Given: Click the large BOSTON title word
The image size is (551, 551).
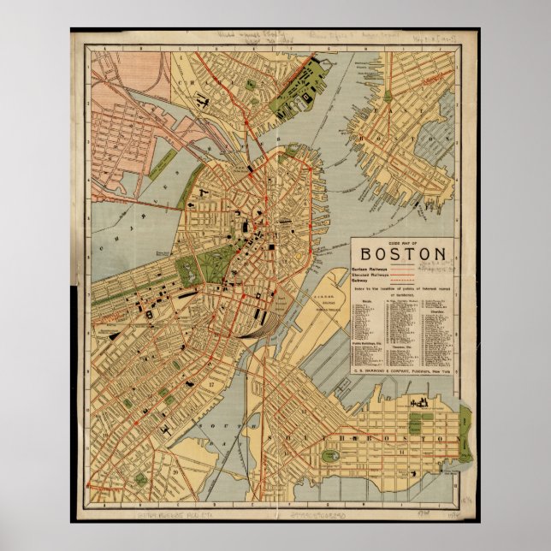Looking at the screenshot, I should tap(403, 253).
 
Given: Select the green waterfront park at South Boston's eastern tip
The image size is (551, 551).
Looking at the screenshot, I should tap(465, 432).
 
